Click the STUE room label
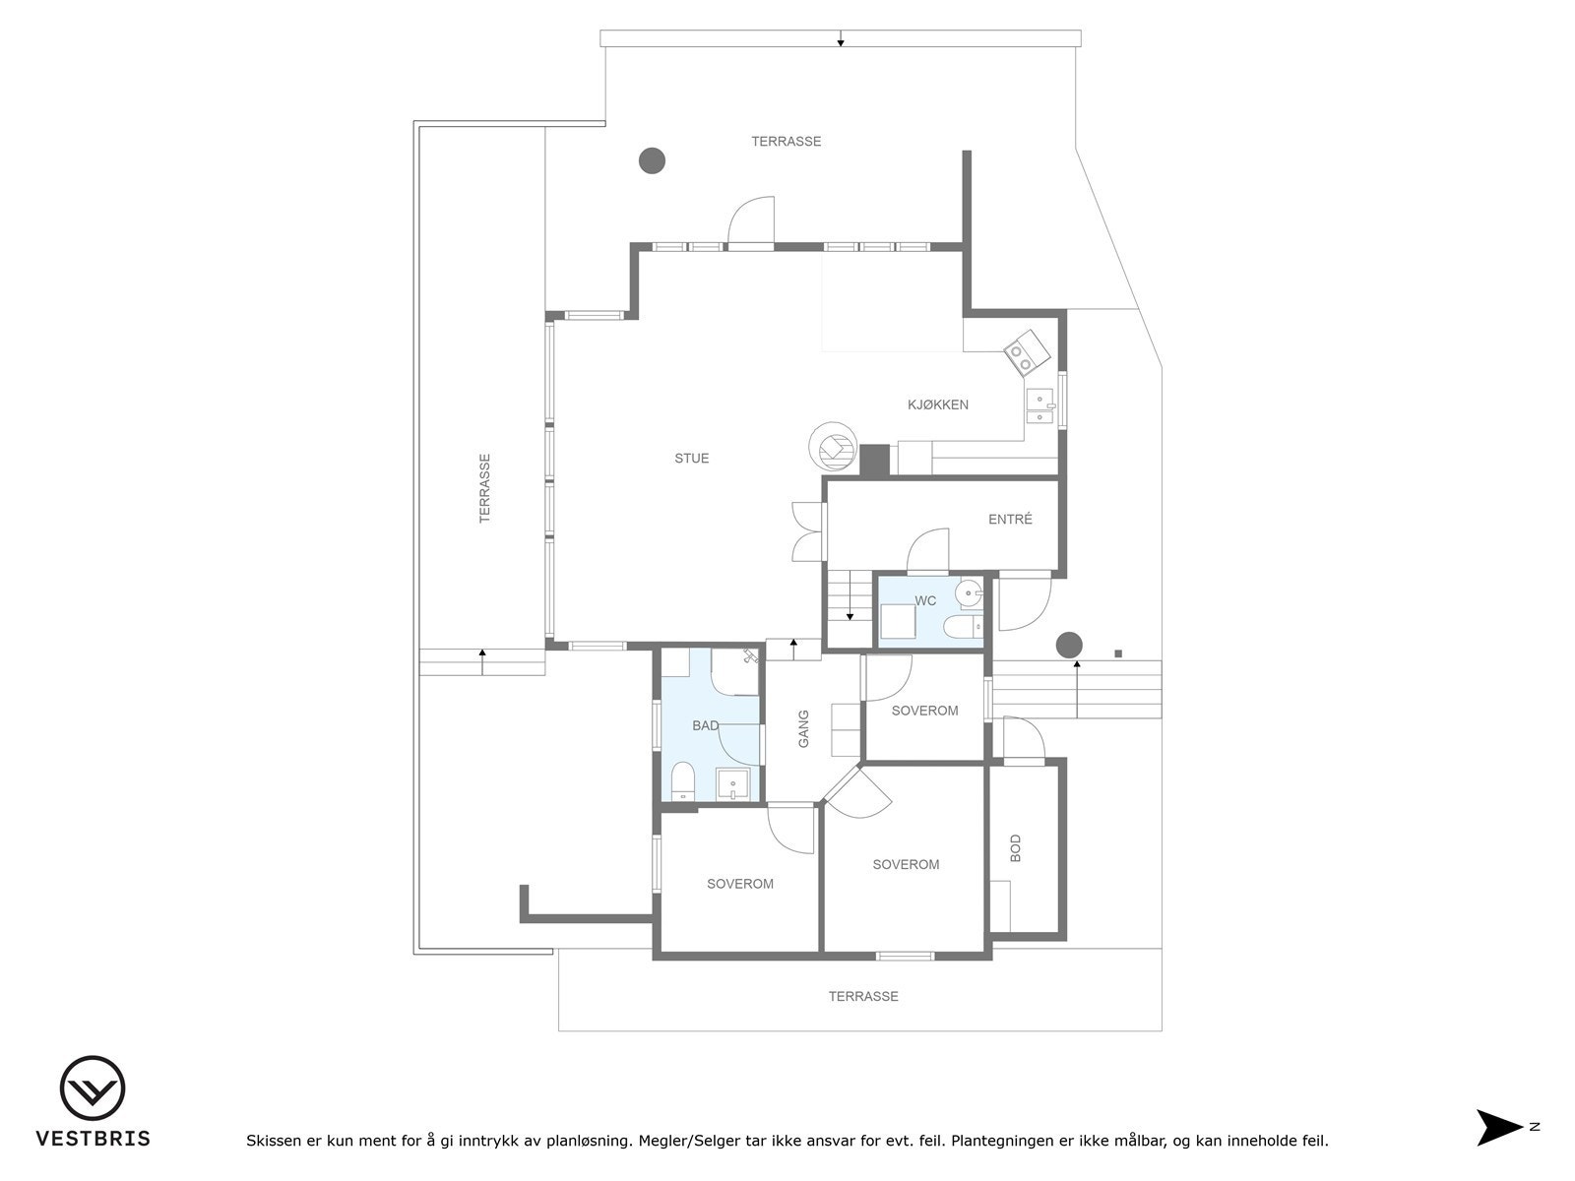click(x=691, y=459)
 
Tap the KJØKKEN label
click(x=937, y=404)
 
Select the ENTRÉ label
click(x=1010, y=520)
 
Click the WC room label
click(x=925, y=601)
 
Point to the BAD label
click(x=705, y=726)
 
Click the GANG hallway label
click(x=803, y=728)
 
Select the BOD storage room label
click(x=1016, y=848)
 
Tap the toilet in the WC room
click(x=959, y=627)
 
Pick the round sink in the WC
click(x=970, y=592)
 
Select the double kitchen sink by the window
click(x=1039, y=407)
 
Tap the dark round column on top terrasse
click(x=652, y=159)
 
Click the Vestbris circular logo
click(x=93, y=1088)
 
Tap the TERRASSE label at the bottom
click(x=863, y=997)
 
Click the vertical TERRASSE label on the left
click(x=484, y=487)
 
